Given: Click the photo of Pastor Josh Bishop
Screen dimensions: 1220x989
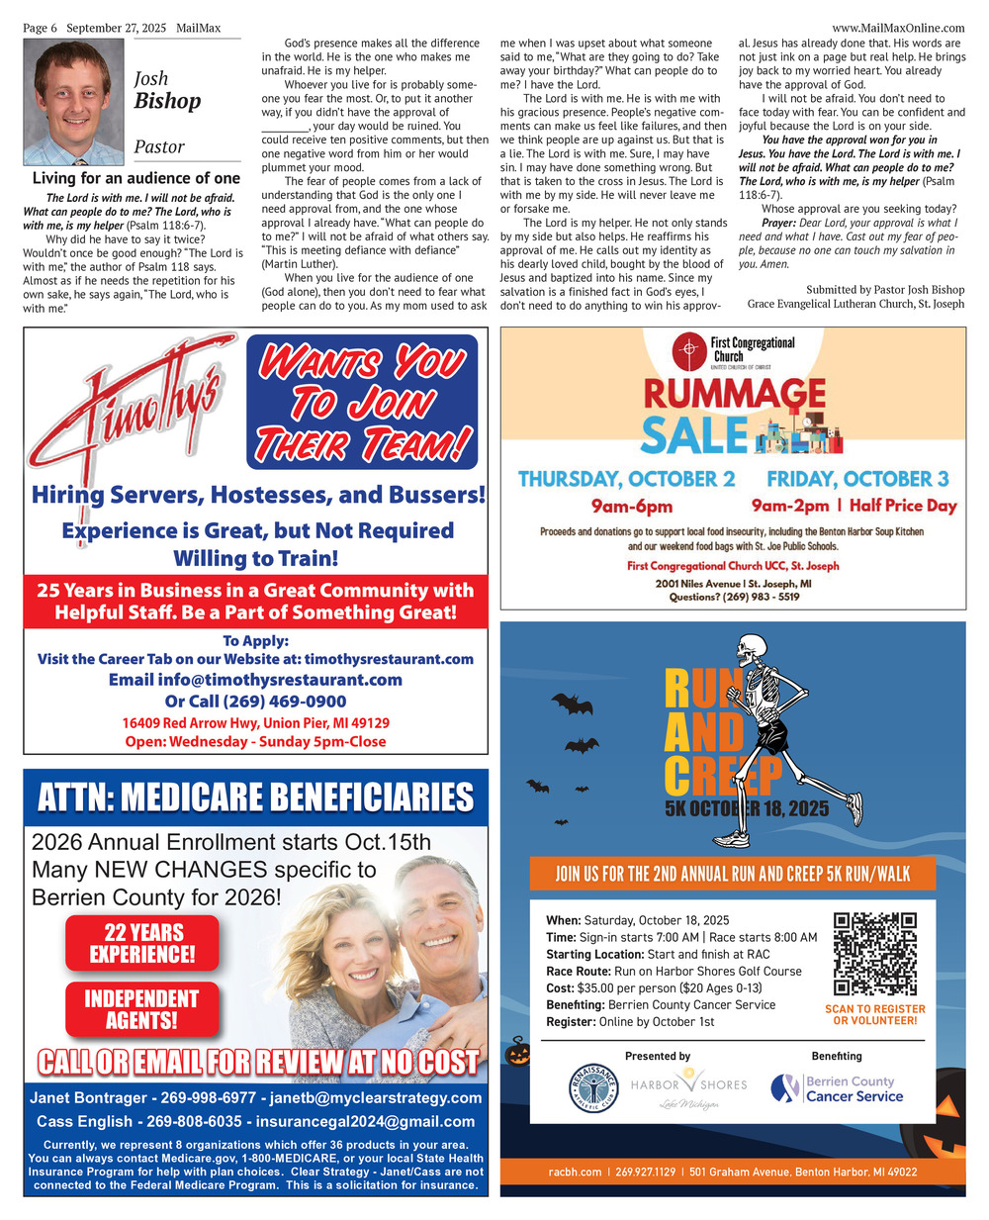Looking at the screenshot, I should click(x=73, y=103).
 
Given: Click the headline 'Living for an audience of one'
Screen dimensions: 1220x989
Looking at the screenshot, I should click(x=135, y=178).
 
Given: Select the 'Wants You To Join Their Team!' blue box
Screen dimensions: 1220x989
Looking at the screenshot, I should click(x=362, y=403).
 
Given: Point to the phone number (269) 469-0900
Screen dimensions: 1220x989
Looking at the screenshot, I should click(x=284, y=702).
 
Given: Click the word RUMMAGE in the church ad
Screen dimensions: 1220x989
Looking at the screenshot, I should click(x=735, y=393).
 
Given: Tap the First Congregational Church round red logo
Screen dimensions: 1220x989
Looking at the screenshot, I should click(x=688, y=350).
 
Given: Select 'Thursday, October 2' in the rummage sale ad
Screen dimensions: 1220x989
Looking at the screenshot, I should click(x=626, y=479).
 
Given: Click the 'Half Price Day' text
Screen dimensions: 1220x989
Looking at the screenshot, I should click(x=903, y=506).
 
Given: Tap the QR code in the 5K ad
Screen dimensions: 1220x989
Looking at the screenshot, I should click(x=874, y=954).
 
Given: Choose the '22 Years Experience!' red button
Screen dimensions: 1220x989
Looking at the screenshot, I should click(x=142, y=943).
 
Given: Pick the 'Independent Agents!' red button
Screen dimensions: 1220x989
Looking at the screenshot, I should click(x=141, y=1009).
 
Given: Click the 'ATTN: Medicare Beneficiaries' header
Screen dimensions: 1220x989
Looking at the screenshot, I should click(x=255, y=798).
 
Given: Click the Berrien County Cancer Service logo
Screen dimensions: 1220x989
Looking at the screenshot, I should click(x=838, y=1088).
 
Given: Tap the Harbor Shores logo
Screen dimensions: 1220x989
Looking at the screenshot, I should click(x=688, y=1086).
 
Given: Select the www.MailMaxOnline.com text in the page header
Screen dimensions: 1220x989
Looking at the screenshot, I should click(x=898, y=28).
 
